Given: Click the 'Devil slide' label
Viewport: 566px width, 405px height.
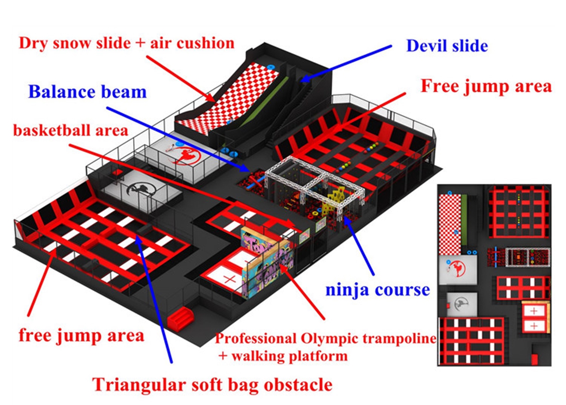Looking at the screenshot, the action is pyautogui.click(x=447, y=46).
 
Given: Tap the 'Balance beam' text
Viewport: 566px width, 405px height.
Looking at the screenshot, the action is pyautogui.click(x=87, y=92).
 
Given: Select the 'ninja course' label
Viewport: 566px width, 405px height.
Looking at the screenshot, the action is pyautogui.click(x=378, y=289).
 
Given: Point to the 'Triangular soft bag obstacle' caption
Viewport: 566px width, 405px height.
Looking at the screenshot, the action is pyautogui.click(x=212, y=384).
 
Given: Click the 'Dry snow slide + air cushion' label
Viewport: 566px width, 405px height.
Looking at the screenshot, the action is pyautogui.click(x=126, y=43).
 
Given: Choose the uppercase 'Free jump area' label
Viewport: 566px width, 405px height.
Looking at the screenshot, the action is pyautogui.click(x=486, y=86).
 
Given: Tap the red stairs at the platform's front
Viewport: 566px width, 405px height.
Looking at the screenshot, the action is pyautogui.click(x=180, y=317).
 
